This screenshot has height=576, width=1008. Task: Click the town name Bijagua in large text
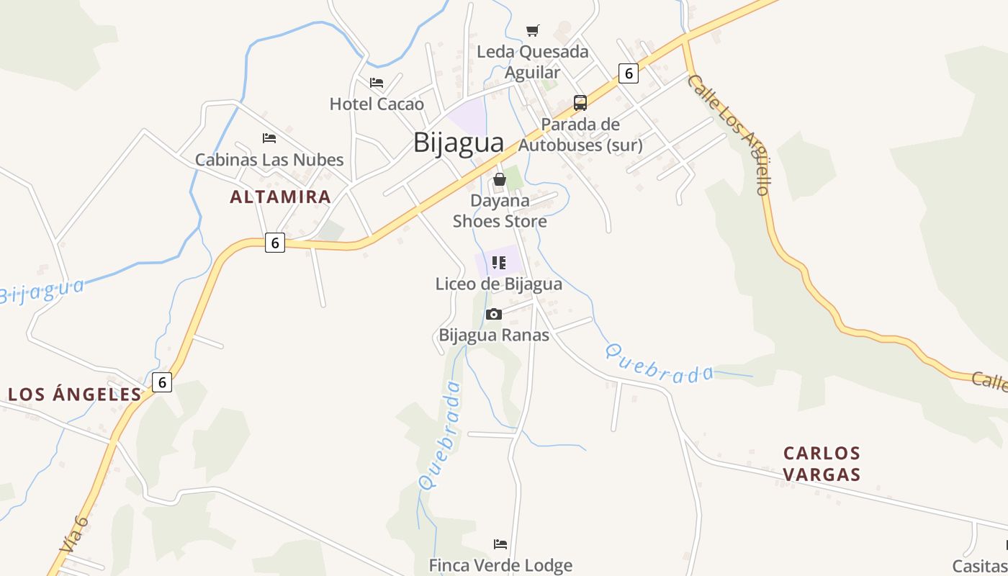pyautogui.click(x=459, y=143)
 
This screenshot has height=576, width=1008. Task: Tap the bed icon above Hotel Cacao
pyautogui.click(x=377, y=83)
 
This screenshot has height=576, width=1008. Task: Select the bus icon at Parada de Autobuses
pyautogui.click(x=580, y=102)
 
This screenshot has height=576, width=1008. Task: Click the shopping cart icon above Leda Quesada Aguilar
pyautogui.click(x=533, y=30)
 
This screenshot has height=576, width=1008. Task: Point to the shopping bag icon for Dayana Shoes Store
pyautogui.click(x=500, y=179)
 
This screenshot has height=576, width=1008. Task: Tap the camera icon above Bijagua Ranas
pyautogui.click(x=494, y=314)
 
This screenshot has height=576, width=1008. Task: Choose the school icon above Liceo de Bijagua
pyautogui.click(x=499, y=263)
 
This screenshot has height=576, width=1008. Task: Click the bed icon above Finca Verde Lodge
pyautogui.click(x=500, y=544)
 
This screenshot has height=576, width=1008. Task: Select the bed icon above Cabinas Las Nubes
pyautogui.click(x=269, y=138)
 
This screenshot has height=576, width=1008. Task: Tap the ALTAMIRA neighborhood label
pyautogui.click(x=281, y=197)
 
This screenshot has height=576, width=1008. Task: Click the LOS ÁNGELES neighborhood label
pyautogui.click(x=75, y=394)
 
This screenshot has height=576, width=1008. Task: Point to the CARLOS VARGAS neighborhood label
pyautogui.click(x=822, y=464)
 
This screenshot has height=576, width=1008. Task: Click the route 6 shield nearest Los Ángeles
pyautogui.click(x=163, y=382)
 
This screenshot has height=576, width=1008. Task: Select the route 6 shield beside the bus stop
pyautogui.click(x=629, y=73)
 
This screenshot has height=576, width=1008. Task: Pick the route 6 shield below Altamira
pyautogui.click(x=274, y=243)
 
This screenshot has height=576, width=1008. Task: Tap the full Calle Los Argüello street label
pyautogui.click(x=729, y=134)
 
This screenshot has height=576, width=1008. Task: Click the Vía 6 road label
pyautogui.click(x=74, y=534)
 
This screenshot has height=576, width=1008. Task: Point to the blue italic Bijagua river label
pyautogui.click(x=42, y=291)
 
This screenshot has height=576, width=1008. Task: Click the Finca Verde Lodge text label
pyautogui.click(x=500, y=565)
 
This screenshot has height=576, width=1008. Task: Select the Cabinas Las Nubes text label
pyautogui.click(x=269, y=159)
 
